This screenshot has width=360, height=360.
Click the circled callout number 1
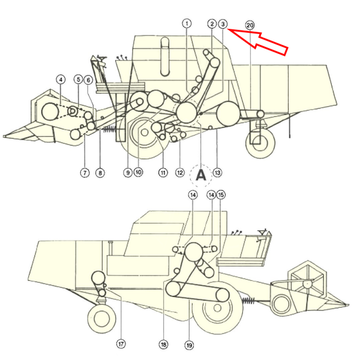coord(187,23)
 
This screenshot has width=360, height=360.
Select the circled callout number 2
coord(212,24)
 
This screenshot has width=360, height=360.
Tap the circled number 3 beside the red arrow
coord(223,24)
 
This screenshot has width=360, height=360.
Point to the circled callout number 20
coord(250,25)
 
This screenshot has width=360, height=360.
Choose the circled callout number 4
coord(61,79)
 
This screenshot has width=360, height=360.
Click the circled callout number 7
coord(85,173)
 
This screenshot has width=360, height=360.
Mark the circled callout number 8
coord(100,173)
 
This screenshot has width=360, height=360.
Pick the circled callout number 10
coord(138,172)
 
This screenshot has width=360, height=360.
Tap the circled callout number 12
coord(179,173)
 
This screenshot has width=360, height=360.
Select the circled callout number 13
coord(217,173)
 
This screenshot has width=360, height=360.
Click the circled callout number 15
coord(221,195)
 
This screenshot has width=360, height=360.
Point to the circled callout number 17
coord(121,344)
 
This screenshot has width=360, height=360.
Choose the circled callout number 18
coord(163,344)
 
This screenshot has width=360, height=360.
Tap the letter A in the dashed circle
coord(200,175)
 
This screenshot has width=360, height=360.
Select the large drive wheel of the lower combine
coord(217,313)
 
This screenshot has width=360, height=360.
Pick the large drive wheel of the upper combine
coord(142,137)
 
